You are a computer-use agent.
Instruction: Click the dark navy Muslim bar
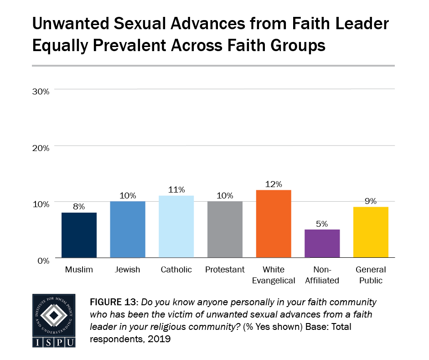point(78,235)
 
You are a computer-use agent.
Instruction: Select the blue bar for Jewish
point(127,230)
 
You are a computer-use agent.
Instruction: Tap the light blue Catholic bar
point(176,227)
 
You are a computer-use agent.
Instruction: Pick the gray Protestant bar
point(225,230)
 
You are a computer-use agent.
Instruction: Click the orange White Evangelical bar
point(274,224)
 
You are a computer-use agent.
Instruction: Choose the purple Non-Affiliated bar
point(322,244)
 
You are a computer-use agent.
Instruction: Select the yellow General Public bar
point(371,232)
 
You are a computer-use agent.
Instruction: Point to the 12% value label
point(274,184)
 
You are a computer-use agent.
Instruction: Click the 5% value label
point(322,224)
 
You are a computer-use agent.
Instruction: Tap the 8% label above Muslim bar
point(78,207)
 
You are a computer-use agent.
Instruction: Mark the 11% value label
point(176,189)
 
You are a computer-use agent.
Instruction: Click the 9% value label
point(371,201)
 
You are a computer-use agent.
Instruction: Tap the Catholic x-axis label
point(176,270)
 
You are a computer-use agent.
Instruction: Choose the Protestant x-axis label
point(225,270)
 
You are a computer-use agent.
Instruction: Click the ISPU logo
point(54,320)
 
